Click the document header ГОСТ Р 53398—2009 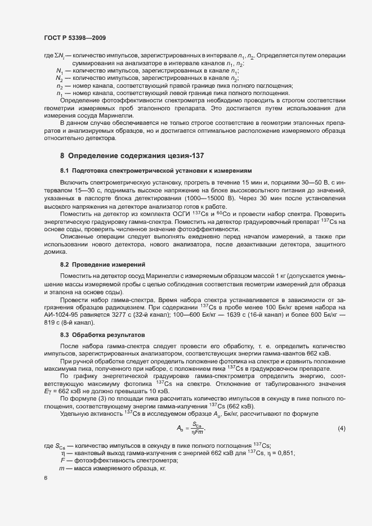[75, 38]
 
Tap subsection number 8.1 [65, 170]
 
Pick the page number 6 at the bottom [45, 478]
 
